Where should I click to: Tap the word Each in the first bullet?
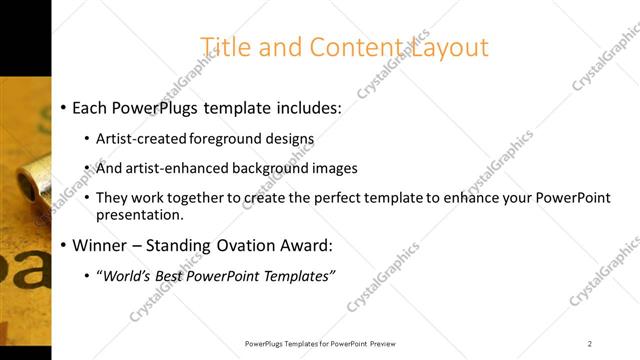click(x=92, y=108)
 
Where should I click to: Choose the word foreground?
click(x=223, y=139)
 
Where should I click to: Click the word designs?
click(x=289, y=139)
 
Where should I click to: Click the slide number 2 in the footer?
click(x=590, y=343)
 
